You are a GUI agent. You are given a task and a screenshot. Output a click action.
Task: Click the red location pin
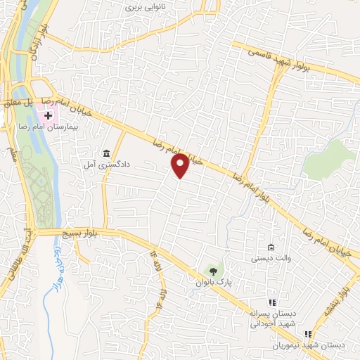(180, 165)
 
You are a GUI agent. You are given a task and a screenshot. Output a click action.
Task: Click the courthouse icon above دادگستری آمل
(106, 154)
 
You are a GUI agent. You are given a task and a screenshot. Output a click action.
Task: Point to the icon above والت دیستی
(271, 247)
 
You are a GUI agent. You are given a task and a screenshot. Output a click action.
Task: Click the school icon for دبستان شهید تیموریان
(307, 335)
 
